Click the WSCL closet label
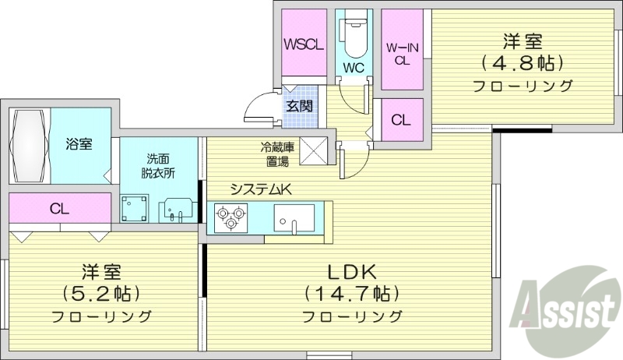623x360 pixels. [x=303, y=44]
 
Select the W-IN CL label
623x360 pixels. [x=402, y=53]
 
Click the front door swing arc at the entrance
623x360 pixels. [x=257, y=108]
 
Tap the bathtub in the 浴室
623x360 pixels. [x=30, y=145]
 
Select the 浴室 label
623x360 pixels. [x=78, y=144]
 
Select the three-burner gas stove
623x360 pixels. [x=231, y=217]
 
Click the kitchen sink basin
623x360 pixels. [x=294, y=216]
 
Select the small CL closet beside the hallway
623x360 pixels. [x=401, y=120]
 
